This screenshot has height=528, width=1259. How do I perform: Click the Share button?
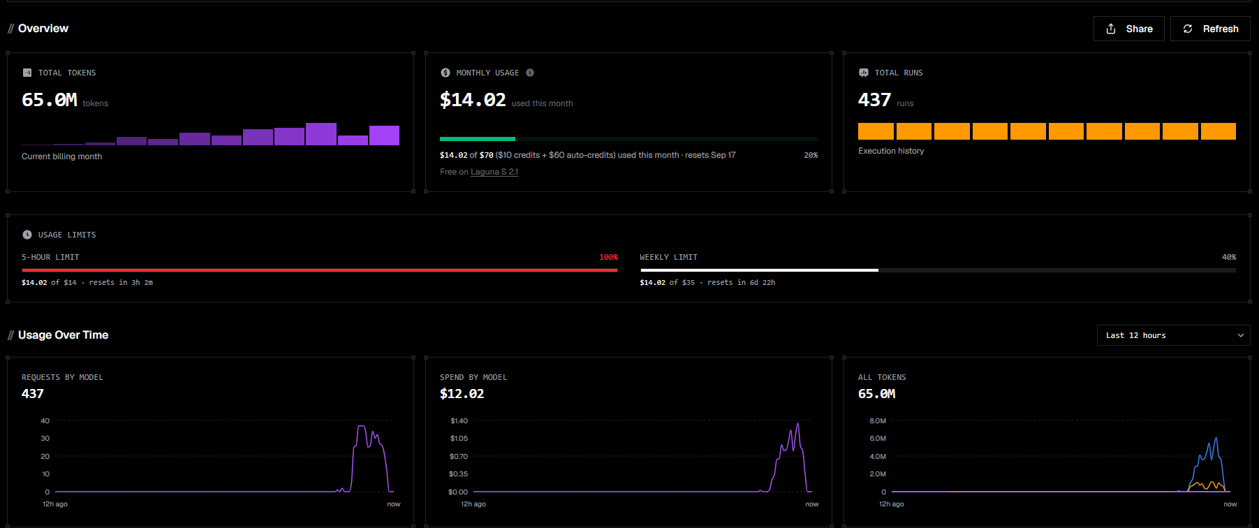click(x=1128, y=29)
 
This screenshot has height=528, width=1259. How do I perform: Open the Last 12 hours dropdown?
click(x=1173, y=335)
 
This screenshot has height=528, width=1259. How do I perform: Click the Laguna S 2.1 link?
click(x=494, y=172)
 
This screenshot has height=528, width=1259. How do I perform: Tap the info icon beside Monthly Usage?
click(x=530, y=73)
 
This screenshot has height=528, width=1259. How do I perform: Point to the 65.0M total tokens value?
click(x=50, y=100)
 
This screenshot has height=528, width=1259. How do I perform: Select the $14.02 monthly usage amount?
click(x=473, y=100)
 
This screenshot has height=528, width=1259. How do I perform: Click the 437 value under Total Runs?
click(x=874, y=100)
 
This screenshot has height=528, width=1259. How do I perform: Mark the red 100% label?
click(x=608, y=257)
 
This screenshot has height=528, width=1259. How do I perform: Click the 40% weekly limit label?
click(x=1229, y=257)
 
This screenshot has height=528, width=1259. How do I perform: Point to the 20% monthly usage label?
click(x=811, y=155)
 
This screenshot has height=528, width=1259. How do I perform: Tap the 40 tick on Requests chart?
click(x=45, y=420)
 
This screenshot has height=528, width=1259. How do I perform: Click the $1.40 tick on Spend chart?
click(x=459, y=420)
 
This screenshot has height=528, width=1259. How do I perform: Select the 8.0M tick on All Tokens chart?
click(x=878, y=420)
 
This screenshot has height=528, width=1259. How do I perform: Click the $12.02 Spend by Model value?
click(x=462, y=394)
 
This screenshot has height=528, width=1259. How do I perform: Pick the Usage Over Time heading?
click(x=63, y=335)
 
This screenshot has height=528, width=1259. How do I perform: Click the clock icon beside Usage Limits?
click(x=27, y=235)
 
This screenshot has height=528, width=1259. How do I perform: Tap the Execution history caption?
click(x=891, y=151)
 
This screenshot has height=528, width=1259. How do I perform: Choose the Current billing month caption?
click(x=61, y=156)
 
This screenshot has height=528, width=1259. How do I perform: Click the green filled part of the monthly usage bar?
click(x=478, y=139)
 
